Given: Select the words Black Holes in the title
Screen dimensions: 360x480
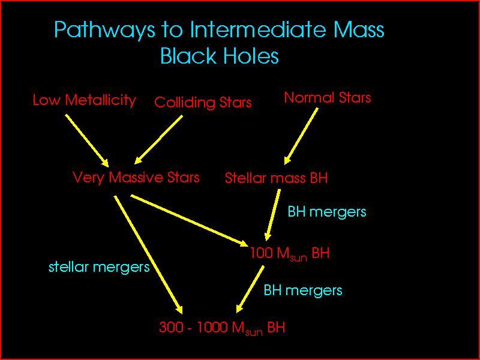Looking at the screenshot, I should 220,56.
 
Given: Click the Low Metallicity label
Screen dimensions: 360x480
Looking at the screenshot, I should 84,100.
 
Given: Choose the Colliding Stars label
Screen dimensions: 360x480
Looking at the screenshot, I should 203,103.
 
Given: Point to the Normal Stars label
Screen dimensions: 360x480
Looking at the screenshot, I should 328,98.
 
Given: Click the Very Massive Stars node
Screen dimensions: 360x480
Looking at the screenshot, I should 136,178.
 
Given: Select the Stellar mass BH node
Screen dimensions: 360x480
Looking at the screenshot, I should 276,178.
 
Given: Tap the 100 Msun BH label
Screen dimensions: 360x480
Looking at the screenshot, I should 290,254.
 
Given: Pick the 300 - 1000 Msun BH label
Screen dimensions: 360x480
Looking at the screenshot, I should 222,328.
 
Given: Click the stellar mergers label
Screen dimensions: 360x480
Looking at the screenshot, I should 99,267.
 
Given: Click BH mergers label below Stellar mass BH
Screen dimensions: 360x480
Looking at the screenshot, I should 327,212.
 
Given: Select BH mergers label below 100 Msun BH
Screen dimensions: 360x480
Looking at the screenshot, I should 303,291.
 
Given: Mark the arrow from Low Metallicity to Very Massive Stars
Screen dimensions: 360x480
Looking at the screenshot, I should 86,140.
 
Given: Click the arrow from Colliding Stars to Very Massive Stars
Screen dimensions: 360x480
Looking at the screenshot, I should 159,139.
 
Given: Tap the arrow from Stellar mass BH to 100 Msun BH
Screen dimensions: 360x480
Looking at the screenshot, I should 273,214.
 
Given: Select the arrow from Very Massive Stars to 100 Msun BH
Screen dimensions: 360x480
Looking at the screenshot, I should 189,220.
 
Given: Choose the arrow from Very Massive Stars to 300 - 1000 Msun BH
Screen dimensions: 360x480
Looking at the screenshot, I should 147,252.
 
